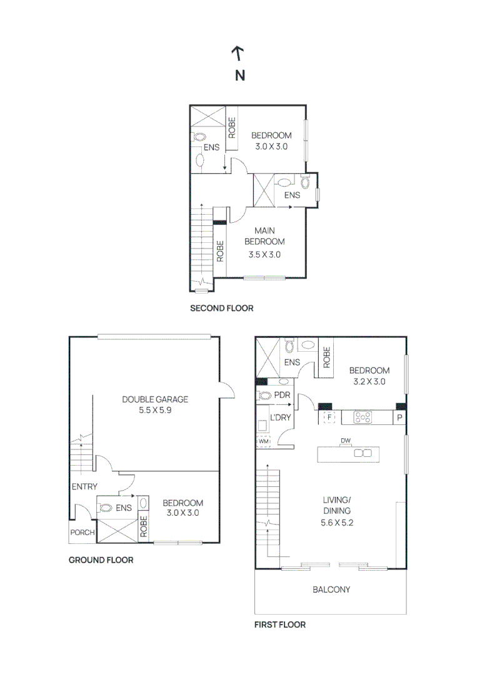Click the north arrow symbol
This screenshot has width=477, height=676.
(x=238, y=54)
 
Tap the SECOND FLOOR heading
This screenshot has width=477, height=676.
(x=221, y=309)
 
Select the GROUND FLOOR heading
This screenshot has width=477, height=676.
(x=101, y=560)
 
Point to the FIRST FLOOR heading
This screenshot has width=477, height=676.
(x=280, y=625)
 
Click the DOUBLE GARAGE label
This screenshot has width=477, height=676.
(x=155, y=399)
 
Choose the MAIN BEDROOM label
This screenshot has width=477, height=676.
(x=264, y=236)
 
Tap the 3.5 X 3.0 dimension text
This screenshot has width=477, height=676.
(x=264, y=254)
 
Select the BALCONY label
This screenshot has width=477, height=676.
(x=331, y=590)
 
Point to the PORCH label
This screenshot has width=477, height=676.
(x=82, y=533)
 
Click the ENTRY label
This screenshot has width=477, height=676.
(x=84, y=486)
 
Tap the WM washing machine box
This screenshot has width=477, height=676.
(x=263, y=441)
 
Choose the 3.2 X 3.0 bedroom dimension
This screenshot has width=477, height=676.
(x=369, y=381)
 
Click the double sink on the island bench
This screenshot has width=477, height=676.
(x=363, y=453)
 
